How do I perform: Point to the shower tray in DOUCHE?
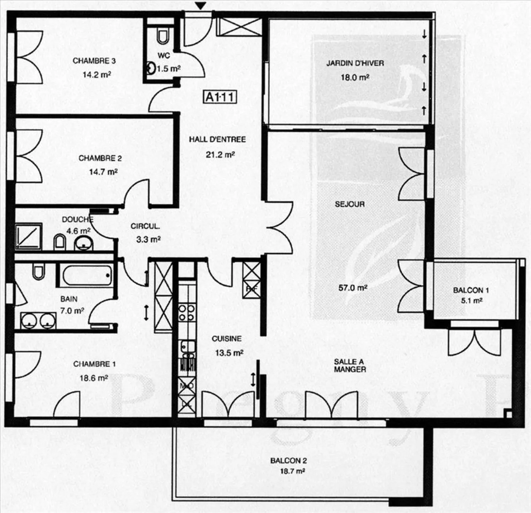point(29,235)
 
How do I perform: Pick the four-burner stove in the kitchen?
point(187,312)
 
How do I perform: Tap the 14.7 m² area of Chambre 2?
point(103,172)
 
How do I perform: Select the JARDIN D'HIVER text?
point(355,63)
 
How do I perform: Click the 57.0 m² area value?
point(353,287)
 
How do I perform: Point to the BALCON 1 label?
point(471,290)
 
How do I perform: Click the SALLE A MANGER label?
point(350,365)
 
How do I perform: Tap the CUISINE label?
point(226,338)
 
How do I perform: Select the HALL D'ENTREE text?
point(217,139)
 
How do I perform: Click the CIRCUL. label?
point(145,226)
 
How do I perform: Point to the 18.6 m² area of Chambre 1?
point(94,378)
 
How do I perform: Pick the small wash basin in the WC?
point(151,68)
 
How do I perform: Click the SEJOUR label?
point(350,204)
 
